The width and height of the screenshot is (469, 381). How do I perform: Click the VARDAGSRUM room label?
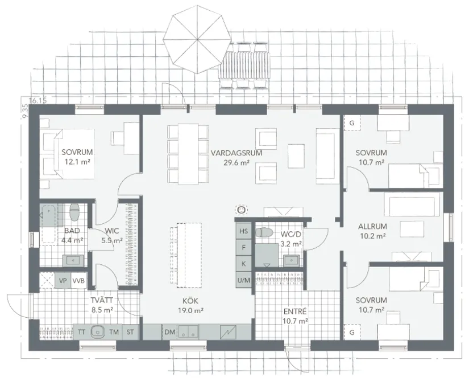tap(236, 153)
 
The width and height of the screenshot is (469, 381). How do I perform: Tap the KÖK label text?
tap(190, 301)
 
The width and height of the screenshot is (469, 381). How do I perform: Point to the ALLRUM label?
tap(372, 227)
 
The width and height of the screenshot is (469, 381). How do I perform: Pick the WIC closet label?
tap(112, 231)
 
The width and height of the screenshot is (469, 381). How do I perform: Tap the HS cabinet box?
tap(244, 231)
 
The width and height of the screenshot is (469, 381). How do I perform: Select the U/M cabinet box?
tap(244, 280)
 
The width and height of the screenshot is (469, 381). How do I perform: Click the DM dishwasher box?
tap(170, 332)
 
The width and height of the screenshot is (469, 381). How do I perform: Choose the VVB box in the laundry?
tap(78, 281)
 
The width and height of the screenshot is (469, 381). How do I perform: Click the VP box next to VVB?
tap(63, 281)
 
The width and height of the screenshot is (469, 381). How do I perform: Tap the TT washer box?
tap(81, 332)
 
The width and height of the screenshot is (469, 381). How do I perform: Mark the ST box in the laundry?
tap(130, 332)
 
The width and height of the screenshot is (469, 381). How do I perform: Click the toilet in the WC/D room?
tap(264, 232)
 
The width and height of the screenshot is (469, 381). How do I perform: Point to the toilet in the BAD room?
tap(74, 212)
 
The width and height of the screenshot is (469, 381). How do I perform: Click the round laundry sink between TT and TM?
tap(98, 331)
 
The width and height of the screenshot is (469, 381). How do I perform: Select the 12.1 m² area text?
tap(77, 162)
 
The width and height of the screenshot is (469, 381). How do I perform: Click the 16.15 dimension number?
tap(38, 101)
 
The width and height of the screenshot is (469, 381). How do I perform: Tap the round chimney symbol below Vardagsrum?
tap(242, 210)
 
